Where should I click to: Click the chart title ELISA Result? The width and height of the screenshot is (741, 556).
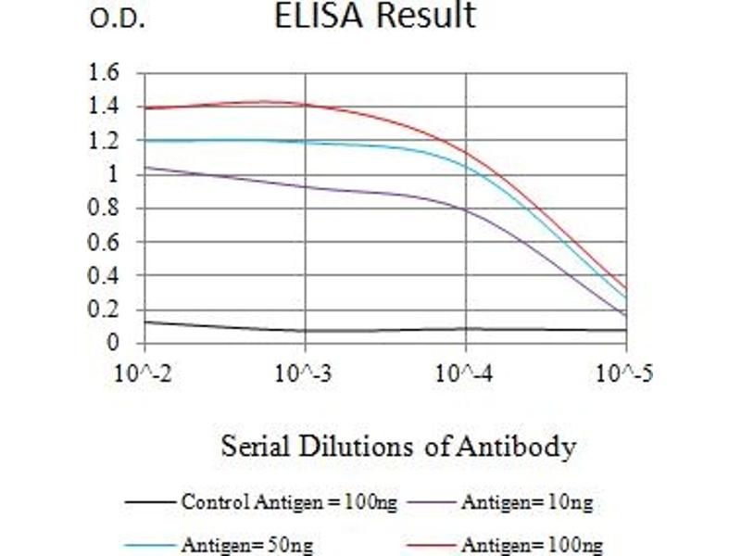[375, 16]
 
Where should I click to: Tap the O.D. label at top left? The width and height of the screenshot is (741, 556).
[117, 19]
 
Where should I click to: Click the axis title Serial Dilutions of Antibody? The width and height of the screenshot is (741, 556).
[398, 448]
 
